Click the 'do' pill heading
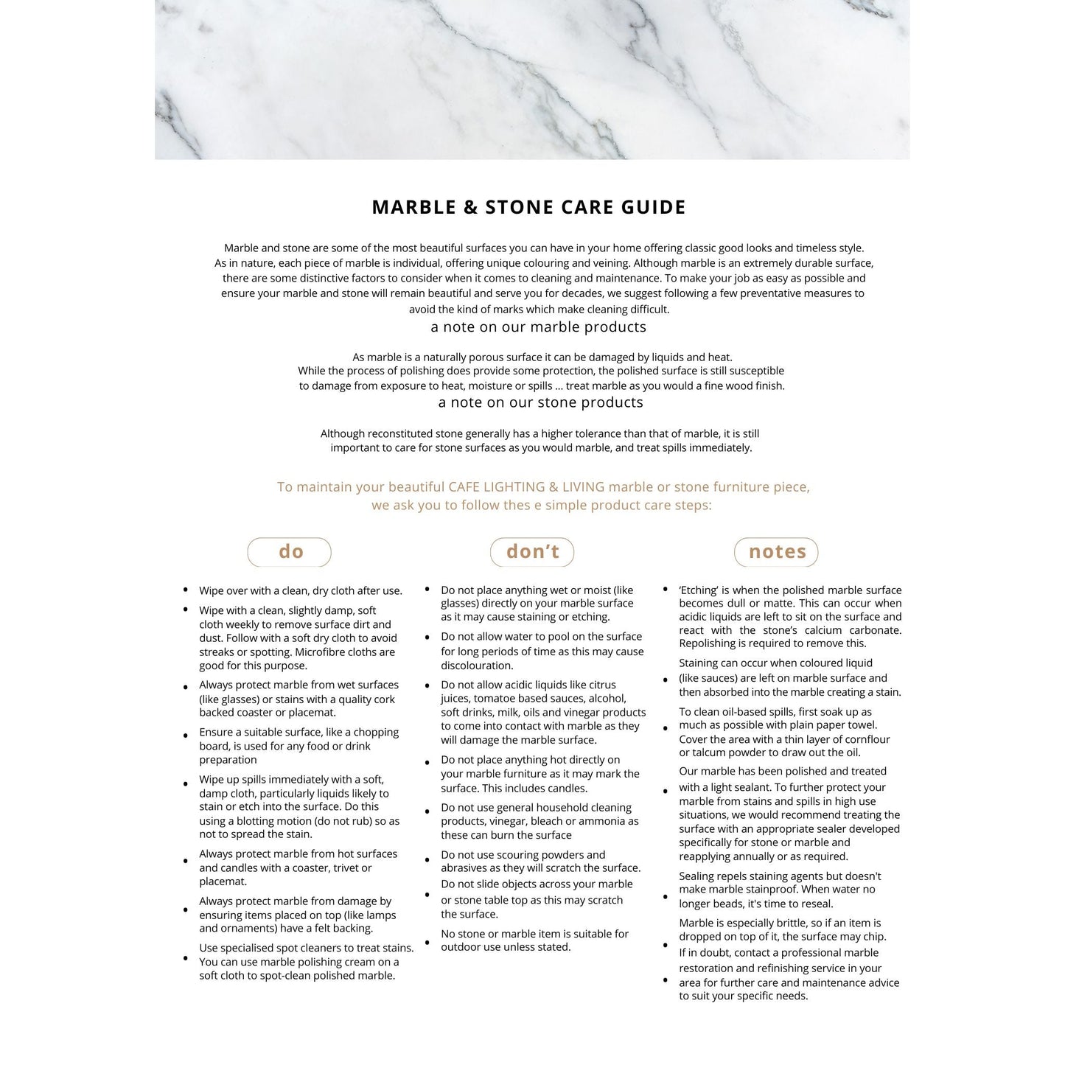(x=290, y=552)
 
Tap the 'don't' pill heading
(x=532, y=552)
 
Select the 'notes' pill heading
(x=777, y=552)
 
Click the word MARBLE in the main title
(x=413, y=208)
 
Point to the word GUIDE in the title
(x=653, y=208)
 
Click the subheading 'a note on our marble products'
(x=538, y=327)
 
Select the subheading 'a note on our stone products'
(x=540, y=402)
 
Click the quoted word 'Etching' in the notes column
(x=698, y=590)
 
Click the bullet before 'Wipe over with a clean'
(x=186, y=590)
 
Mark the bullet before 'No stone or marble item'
(x=427, y=942)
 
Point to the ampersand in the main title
(x=471, y=208)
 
